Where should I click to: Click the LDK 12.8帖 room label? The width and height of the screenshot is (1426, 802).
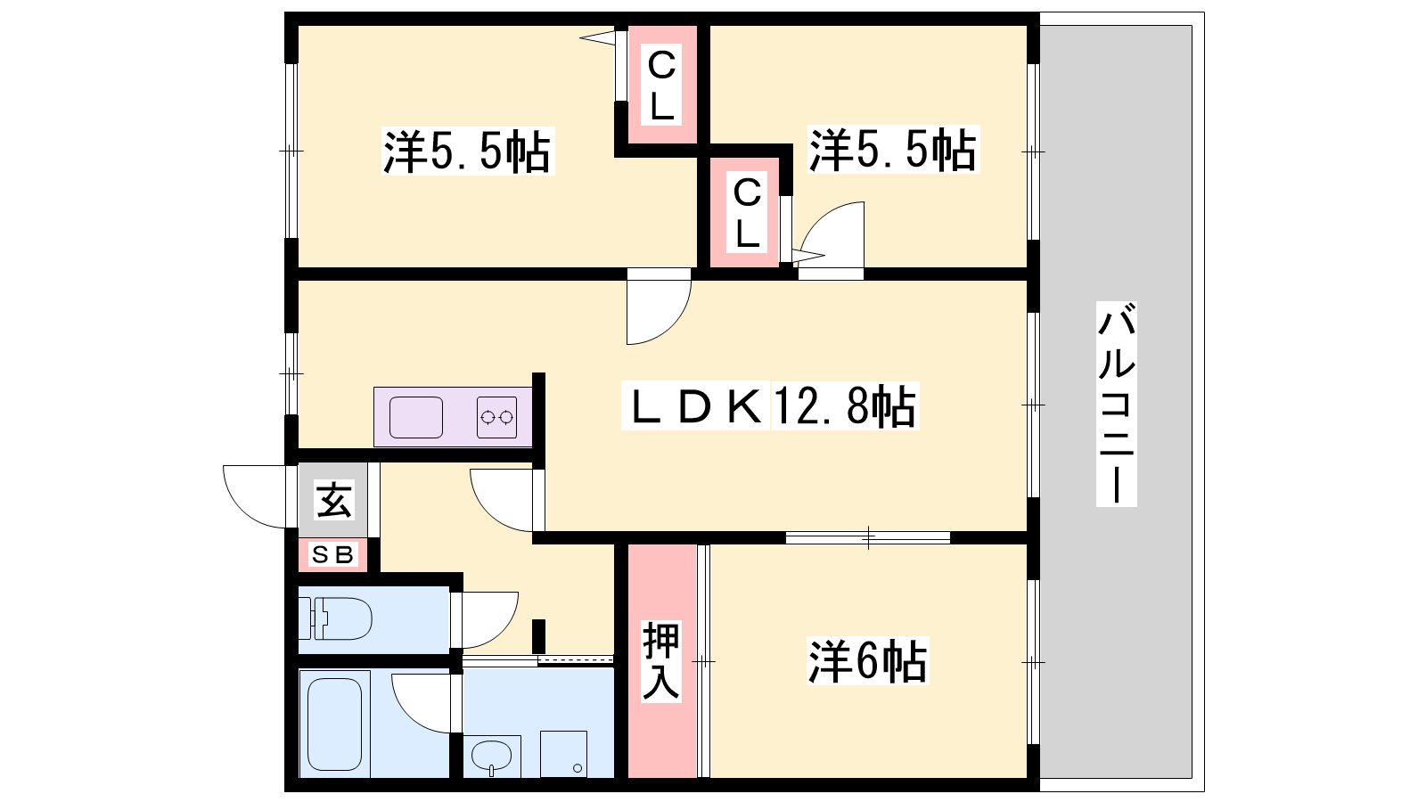click(x=770, y=405)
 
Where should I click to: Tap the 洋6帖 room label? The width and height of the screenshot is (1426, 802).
click(x=868, y=661)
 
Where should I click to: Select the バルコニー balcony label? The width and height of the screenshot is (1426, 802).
click(x=1117, y=405)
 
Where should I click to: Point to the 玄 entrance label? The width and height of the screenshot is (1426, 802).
click(x=334, y=500)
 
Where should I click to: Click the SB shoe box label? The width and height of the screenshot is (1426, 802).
click(x=332, y=555)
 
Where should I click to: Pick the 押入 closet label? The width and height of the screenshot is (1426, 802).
click(x=660, y=661)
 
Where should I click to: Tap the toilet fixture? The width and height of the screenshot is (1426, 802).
click(x=335, y=618)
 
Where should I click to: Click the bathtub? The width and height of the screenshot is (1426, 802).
click(x=335, y=724)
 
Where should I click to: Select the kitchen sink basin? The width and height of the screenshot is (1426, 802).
click(x=416, y=417)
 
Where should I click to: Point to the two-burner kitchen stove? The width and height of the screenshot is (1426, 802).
click(x=496, y=417)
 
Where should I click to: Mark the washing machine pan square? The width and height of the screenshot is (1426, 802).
click(x=563, y=754)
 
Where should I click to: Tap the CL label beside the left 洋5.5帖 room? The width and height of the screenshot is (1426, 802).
click(x=662, y=85)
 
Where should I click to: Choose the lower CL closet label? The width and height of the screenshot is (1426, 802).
click(x=748, y=213)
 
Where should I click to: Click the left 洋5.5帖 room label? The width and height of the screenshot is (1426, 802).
click(x=468, y=151)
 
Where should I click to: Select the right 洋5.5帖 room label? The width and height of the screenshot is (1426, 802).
click(x=893, y=150)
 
